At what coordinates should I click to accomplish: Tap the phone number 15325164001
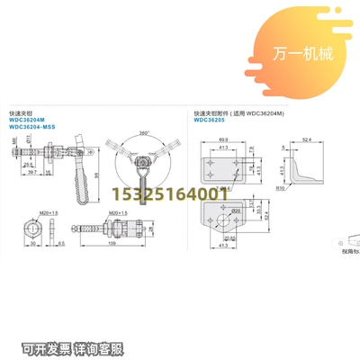[168, 193]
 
